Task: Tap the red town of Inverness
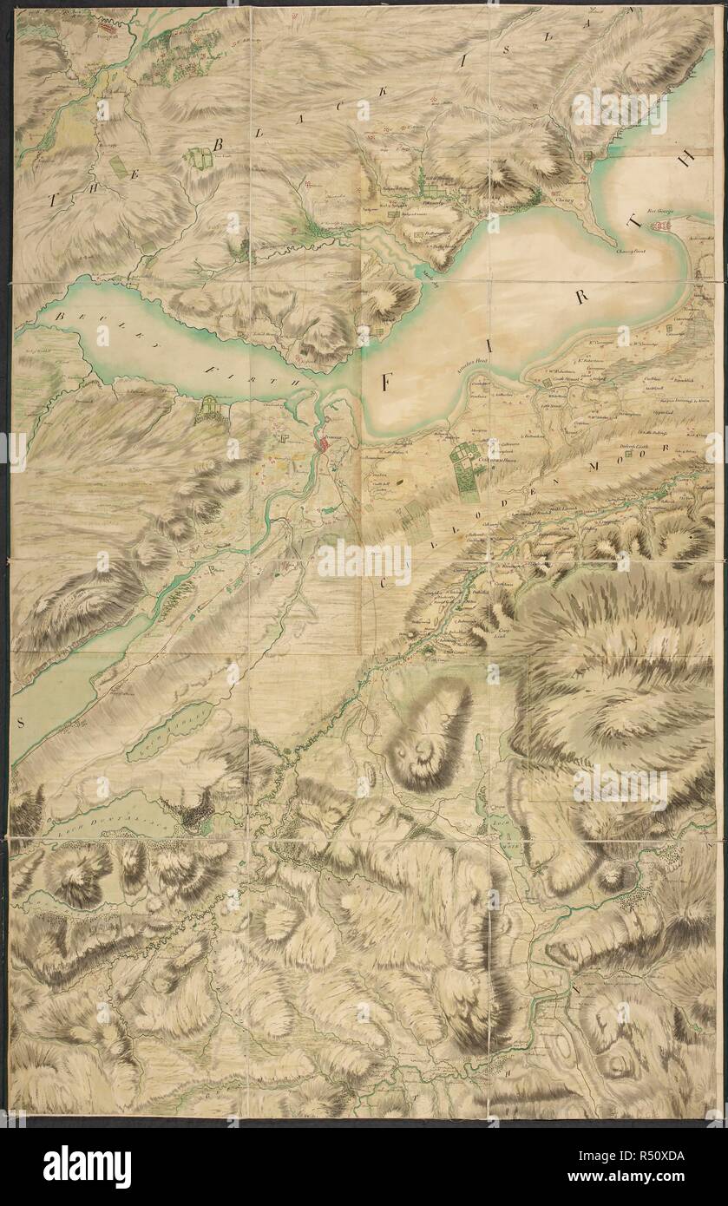pyautogui.click(x=324, y=448)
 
